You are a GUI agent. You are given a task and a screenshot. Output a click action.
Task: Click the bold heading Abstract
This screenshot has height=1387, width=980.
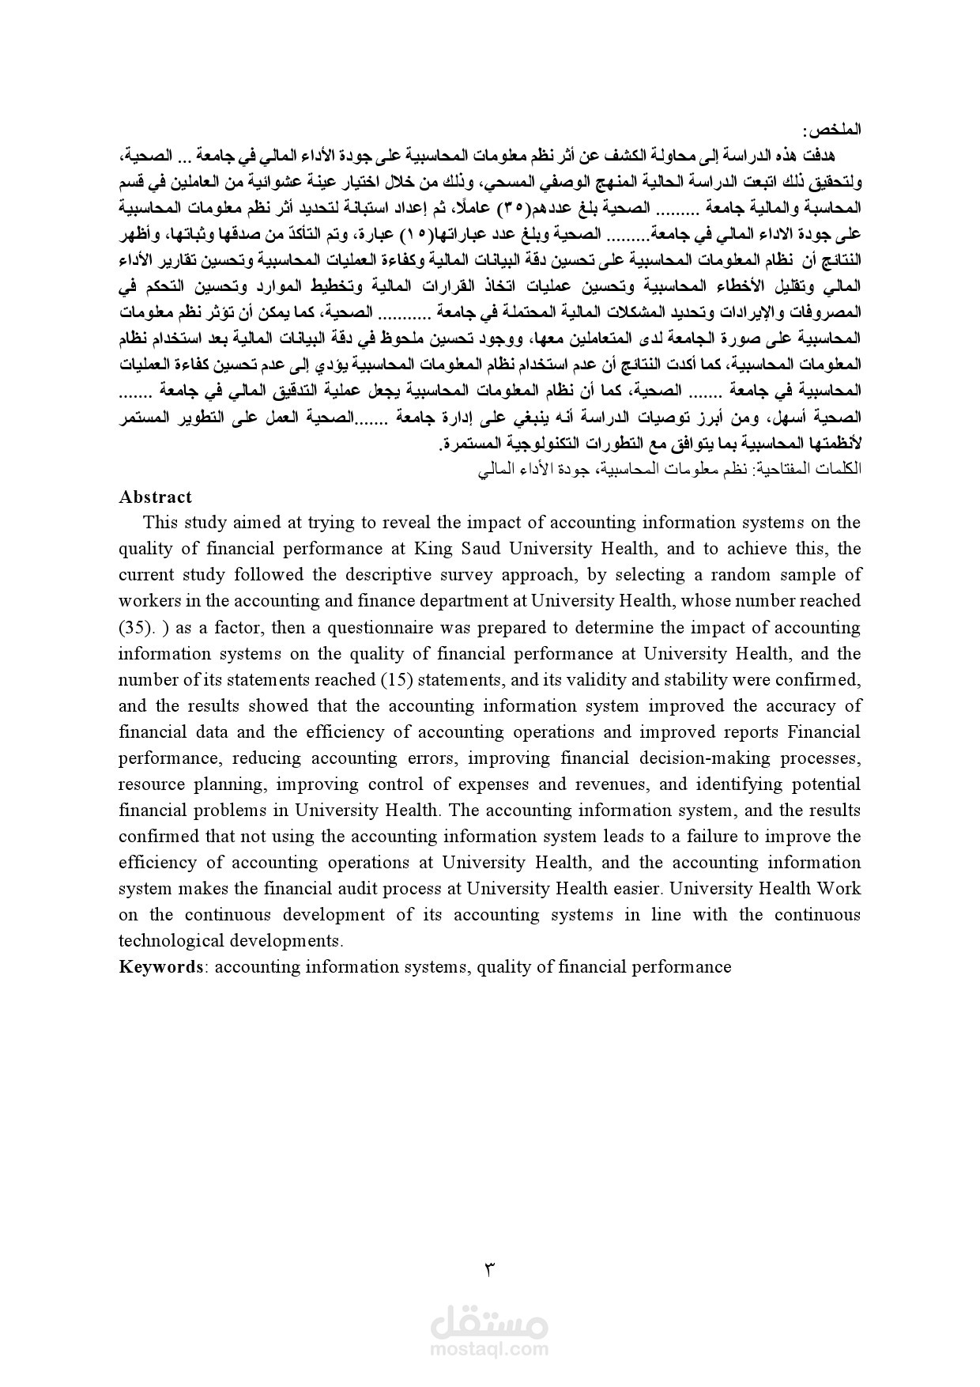tap(155, 497)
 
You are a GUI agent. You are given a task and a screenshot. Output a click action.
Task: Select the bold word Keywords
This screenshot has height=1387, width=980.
tap(161, 966)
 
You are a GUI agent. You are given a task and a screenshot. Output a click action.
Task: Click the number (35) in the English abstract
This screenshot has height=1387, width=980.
tap(134, 627)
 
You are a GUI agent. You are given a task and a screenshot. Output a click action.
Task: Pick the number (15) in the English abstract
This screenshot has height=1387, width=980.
tap(395, 679)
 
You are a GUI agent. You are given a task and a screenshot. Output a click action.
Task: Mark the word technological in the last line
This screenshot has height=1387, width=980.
tap(171, 940)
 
